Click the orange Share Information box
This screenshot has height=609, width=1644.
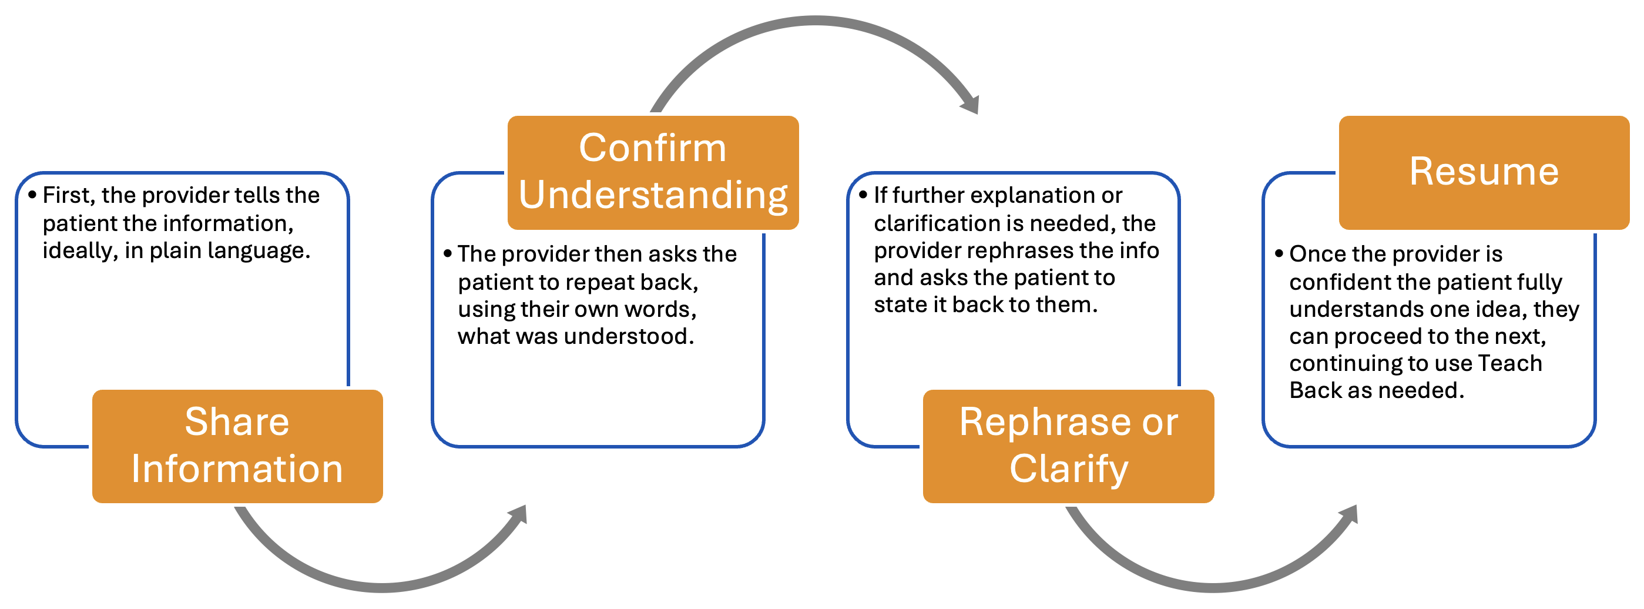coord(237,446)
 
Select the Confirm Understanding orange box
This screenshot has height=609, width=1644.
coord(652,172)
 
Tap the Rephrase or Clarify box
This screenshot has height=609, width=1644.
coord(1068,446)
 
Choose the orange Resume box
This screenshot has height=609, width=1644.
coord(1483,172)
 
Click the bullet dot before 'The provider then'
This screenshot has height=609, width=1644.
coord(447,253)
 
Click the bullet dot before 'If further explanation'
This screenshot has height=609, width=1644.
coord(863,195)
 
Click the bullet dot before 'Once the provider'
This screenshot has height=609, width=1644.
coord(1279,253)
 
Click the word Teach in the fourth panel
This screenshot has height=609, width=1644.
coord(1509,363)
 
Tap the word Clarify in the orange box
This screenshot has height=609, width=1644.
coord(1068,470)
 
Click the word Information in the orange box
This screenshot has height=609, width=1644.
coord(237,470)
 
